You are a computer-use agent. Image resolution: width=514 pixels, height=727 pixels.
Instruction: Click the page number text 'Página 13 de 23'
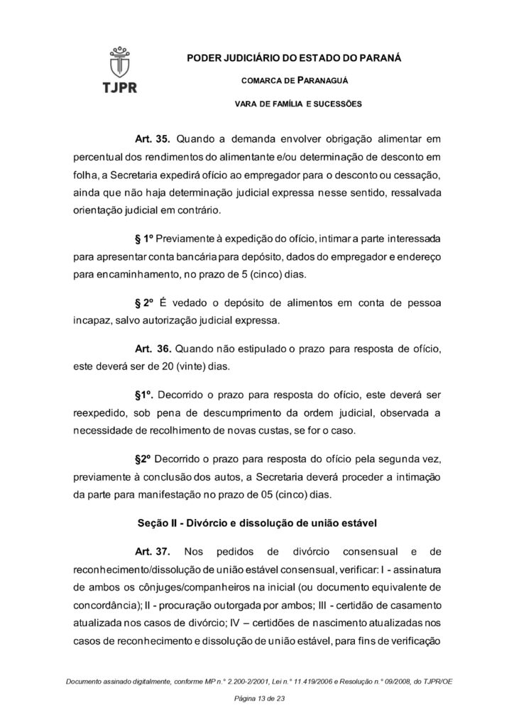point(256,699)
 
